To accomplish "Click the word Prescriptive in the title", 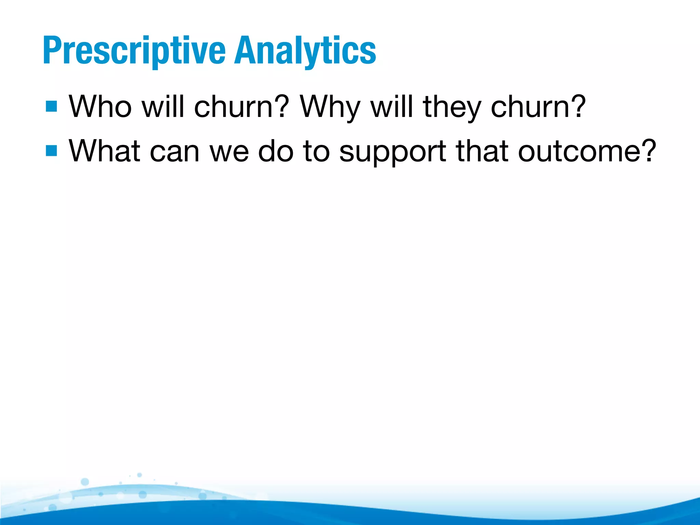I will click(x=134, y=51).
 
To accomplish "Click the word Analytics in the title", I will click(x=305, y=51).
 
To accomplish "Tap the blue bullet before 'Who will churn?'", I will click(x=51, y=106).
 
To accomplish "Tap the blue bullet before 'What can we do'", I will click(x=51, y=150).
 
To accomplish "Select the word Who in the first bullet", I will click(x=100, y=106).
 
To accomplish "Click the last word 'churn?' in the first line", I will click(x=538, y=106).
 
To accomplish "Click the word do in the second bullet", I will click(x=275, y=150).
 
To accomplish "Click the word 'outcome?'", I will click(x=587, y=150).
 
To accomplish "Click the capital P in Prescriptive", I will click(x=51, y=51).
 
